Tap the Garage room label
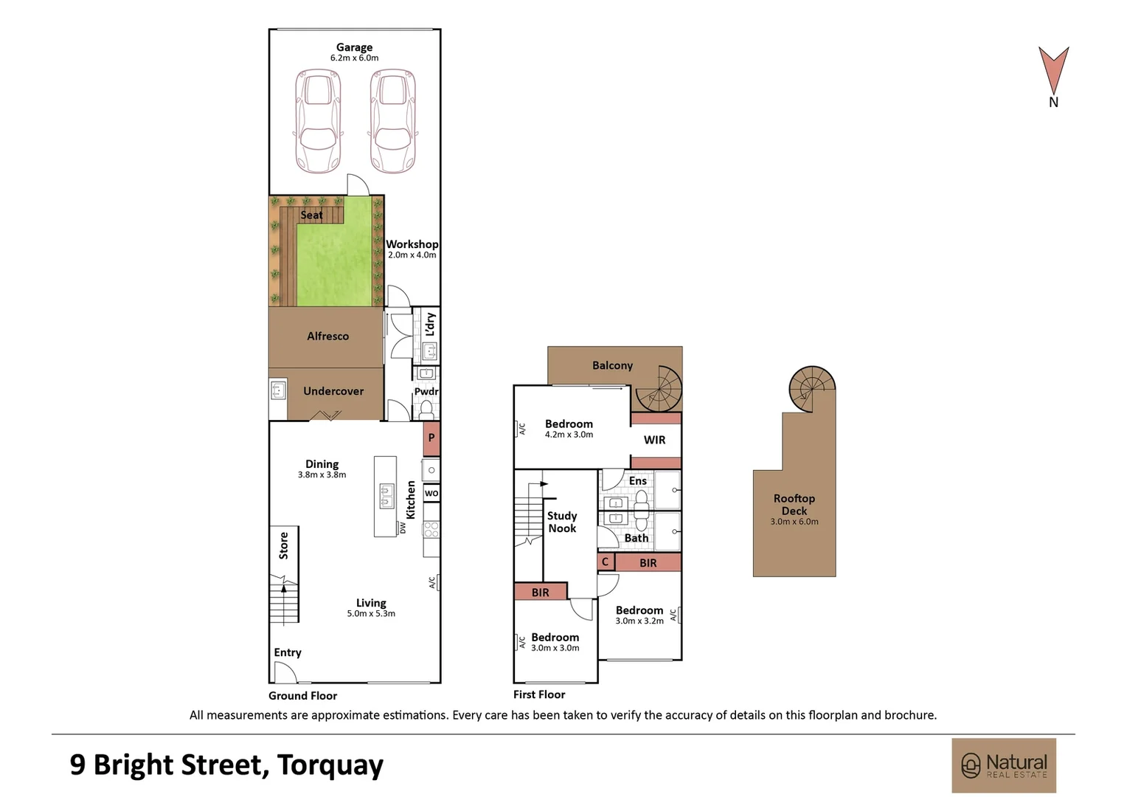coord(354,47)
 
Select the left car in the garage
coord(318,121)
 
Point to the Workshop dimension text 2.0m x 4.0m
coord(412,255)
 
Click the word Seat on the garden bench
coord(311,215)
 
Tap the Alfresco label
coord(327,336)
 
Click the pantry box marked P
coord(431,438)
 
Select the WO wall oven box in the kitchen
coord(431,493)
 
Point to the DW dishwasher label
coord(402,528)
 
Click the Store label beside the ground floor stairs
coord(283,546)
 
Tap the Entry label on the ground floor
coord(288,652)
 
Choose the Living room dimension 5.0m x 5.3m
coord(371,614)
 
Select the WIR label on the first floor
coord(654,440)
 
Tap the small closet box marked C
coord(606,562)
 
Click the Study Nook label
coord(562,522)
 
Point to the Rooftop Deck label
coord(794,505)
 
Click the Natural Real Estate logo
coord(1004,765)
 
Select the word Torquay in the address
coord(330,765)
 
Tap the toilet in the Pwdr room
coord(426,410)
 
